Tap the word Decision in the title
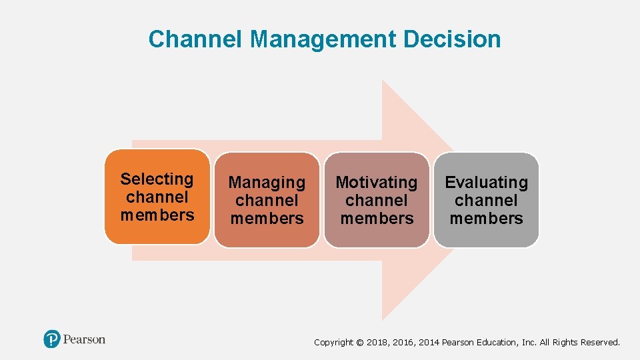click(452, 39)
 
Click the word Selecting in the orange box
click(157, 179)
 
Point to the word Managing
click(267, 183)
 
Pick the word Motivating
click(377, 182)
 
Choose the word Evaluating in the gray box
click(486, 182)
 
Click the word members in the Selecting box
click(157, 215)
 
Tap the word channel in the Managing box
click(267, 200)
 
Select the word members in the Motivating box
click(377, 218)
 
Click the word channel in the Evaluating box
click(486, 200)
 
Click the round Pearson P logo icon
click(52, 339)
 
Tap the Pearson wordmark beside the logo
click(85, 339)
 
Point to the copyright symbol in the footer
click(360, 343)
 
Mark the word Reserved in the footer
click(600, 343)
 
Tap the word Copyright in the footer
click(333, 343)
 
